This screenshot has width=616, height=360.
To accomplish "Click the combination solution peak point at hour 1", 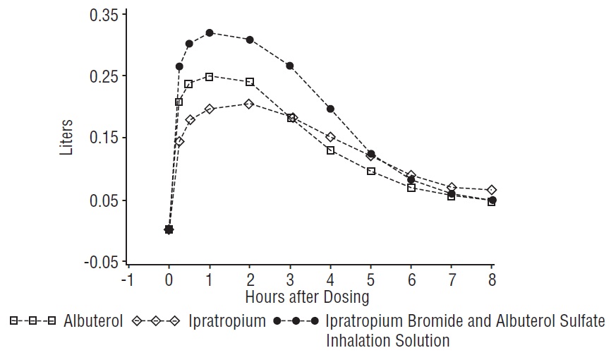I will (210, 32).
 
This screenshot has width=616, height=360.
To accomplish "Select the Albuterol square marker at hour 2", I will (250, 82).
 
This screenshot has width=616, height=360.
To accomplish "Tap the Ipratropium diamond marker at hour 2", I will (250, 104).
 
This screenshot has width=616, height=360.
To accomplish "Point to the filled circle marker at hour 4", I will (330, 109).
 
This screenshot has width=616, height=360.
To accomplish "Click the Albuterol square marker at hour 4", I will (330, 150).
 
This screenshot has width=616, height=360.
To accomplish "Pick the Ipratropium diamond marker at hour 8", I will (492, 190).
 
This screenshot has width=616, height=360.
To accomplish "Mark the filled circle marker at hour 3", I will (290, 66).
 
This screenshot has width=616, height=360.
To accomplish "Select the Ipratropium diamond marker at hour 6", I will (411, 174).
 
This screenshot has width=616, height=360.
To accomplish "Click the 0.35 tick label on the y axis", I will (103, 14).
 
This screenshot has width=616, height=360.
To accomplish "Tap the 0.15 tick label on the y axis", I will (103, 138).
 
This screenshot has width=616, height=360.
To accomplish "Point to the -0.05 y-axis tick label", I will (100, 262).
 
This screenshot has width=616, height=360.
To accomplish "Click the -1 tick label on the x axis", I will (128, 280).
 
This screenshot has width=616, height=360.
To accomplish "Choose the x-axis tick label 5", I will (370, 280).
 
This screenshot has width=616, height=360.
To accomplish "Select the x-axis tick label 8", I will (492, 280).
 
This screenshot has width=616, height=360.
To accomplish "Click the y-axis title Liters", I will (66, 138).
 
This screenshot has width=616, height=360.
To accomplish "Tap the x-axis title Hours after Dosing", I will (307, 296).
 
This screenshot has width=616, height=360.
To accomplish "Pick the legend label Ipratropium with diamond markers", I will (227, 322).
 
